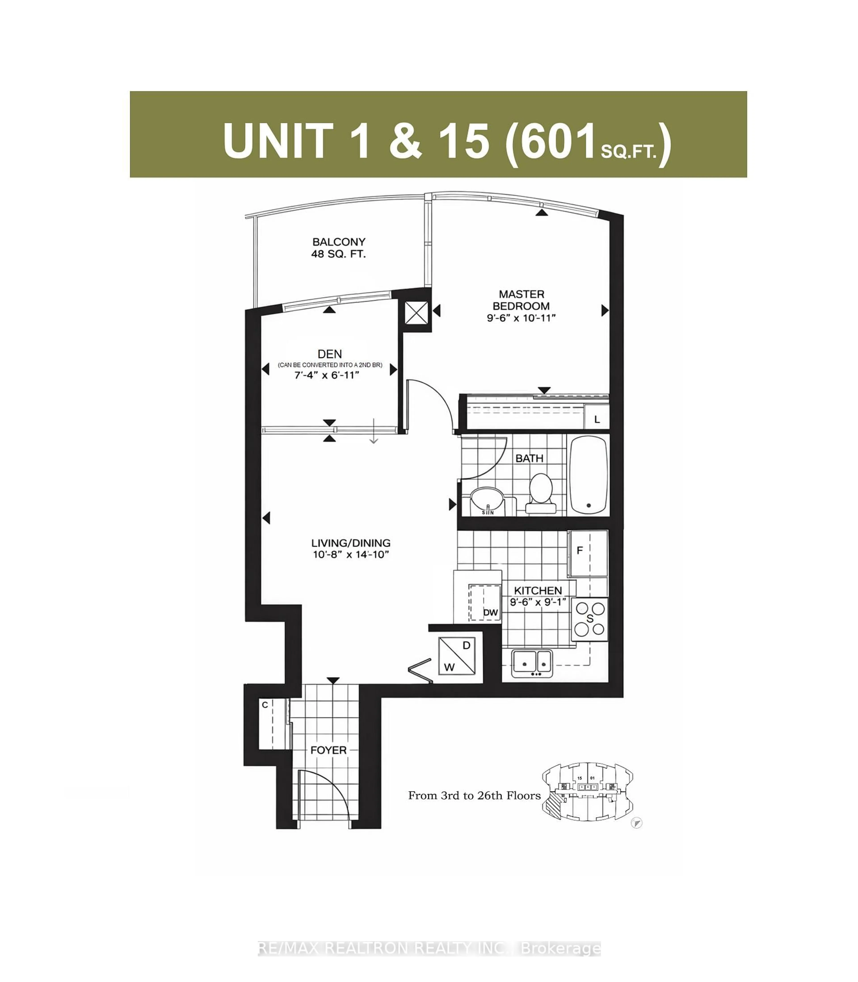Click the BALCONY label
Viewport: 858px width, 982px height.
(339, 242)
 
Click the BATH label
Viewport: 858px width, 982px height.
(529, 458)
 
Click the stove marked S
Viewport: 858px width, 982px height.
(590, 619)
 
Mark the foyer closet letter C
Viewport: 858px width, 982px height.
(265, 705)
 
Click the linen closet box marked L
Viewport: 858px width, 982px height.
(597, 419)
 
